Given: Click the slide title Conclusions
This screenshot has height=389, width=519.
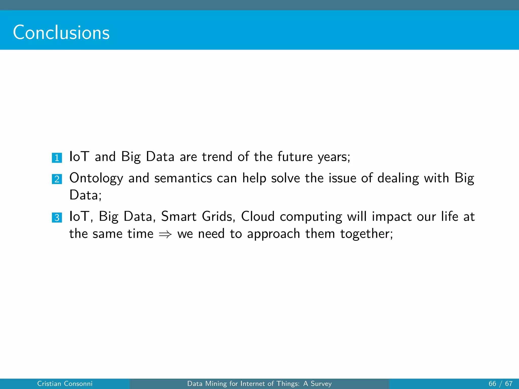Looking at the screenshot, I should pos(61,33).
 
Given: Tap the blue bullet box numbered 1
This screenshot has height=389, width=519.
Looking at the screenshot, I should pos(57,158).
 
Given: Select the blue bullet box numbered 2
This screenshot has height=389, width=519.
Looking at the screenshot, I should pos(57,179).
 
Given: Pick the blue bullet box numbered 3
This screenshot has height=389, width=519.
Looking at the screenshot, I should pos(57,218).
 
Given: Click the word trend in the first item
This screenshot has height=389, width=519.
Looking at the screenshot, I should pos(217,157).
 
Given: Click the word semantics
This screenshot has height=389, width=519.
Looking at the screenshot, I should pos(183,178).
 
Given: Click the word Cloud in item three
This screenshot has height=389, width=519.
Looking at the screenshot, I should pos(257,217).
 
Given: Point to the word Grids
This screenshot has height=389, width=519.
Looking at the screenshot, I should pos(218,217).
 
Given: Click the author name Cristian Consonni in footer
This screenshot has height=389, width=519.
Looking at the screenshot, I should pos(65,384).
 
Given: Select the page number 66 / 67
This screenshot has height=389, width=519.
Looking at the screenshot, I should pos(500,384).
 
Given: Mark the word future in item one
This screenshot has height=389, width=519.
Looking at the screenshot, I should pos(295,157).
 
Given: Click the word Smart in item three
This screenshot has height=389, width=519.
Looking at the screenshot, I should pos(179,217).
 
